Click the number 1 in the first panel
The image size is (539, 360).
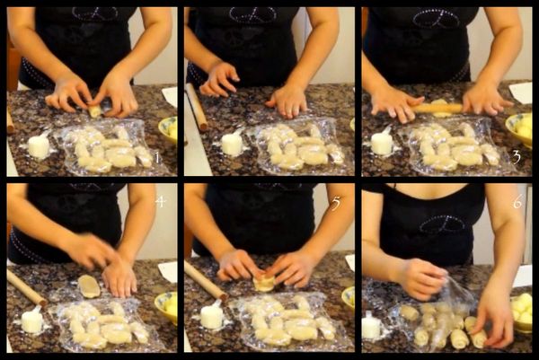coord(157,157)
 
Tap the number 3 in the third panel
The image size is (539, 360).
coord(517,157)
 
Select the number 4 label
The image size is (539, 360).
coord(161,201)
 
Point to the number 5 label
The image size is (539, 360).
coord(336,203)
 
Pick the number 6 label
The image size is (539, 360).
coord(517,202)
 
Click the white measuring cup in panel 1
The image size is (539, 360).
coord(39,145)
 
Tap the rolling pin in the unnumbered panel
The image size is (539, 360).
coord(197,107)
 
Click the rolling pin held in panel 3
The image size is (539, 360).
coord(437,109)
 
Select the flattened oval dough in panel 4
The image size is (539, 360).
coord(89,285)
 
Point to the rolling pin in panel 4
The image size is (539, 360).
coord(27,288)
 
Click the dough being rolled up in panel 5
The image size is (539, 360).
coord(263,284)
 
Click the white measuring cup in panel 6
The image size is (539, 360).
coord(372,326)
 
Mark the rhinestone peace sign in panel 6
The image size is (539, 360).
coord(442,224)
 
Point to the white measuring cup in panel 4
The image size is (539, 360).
coord(31,320)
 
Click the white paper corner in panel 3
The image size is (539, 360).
coord(521,92)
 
